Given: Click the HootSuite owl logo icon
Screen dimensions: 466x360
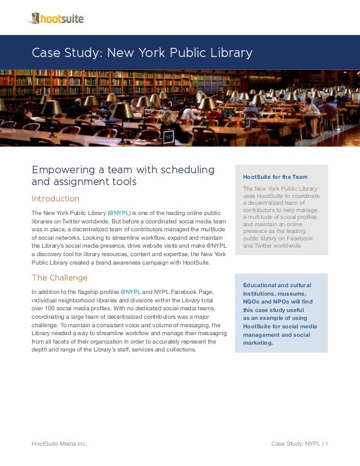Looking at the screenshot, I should [36, 19].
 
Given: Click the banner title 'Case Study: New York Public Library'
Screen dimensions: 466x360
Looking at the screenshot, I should [142, 53].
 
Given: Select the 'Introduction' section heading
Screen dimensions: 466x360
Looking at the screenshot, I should [55, 199].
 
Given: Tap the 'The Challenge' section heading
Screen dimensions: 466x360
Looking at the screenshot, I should [59, 278].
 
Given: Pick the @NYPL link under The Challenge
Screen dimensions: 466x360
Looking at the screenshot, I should [130, 292].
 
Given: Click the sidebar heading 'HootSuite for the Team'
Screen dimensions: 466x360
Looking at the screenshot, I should [275, 177].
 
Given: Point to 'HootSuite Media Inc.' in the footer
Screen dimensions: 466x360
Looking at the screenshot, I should [59, 444].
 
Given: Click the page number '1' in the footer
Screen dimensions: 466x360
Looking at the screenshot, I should [326, 444].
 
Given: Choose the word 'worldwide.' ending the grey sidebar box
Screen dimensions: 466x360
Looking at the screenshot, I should [286, 245].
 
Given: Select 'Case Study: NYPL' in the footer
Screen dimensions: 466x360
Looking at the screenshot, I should [295, 444].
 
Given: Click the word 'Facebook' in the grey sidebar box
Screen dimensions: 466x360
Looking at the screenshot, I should [299, 238].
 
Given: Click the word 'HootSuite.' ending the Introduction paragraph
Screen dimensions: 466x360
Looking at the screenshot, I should [193, 262].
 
